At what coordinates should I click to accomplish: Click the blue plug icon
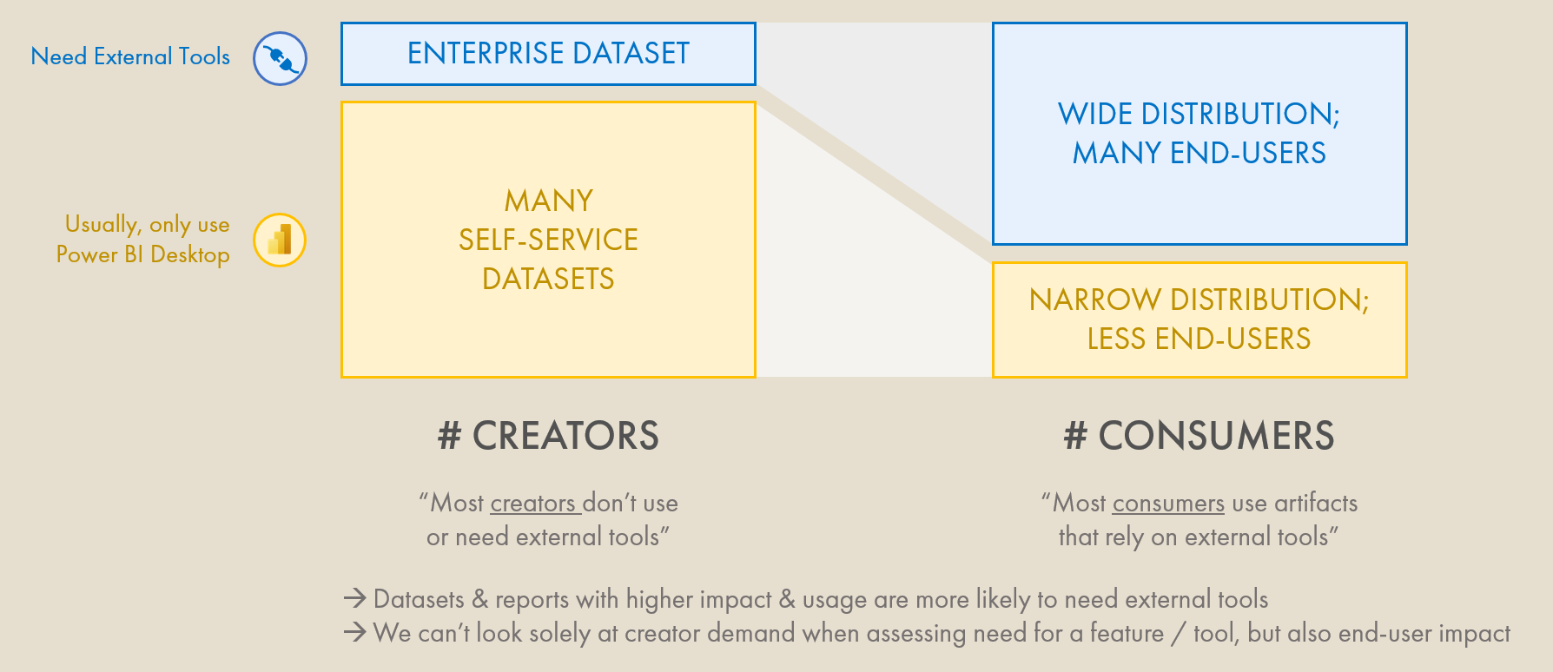[x=280, y=58]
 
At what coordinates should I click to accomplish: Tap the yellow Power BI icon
[x=280, y=240]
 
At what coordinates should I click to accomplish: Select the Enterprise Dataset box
[x=548, y=54]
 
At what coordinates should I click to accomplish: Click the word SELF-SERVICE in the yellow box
[x=548, y=240]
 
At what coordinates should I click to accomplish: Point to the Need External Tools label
[x=130, y=57]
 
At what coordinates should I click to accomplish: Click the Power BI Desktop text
[x=143, y=254]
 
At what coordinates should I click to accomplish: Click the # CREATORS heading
[x=548, y=436]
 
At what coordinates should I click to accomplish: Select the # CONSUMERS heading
[x=1199, y=436]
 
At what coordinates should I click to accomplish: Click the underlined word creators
[x=532, y=504]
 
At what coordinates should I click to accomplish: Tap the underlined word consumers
[x=1168, y=504]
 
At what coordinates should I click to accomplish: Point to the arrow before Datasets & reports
[x=354, y=598]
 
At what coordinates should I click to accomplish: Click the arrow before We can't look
[x=354, y=632]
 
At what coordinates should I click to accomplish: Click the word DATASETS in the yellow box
[x=548, y=279]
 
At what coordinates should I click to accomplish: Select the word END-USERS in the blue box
[x=1248, y=154]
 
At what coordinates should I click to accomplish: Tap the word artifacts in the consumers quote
[x=1316, y=504]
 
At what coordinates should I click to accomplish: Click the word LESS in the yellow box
[x=1117, y=339]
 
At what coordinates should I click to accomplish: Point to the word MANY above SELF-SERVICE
[x=548, y=201]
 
